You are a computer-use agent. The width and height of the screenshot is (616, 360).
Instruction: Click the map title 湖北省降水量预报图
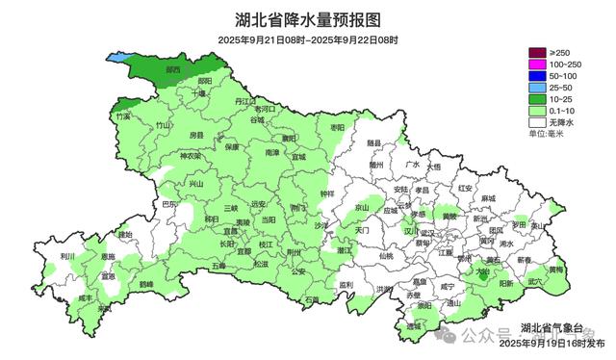[307, 19]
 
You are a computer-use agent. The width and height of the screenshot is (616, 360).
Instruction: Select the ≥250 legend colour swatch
[536, 51]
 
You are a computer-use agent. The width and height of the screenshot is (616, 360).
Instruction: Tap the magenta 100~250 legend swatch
[536, 64]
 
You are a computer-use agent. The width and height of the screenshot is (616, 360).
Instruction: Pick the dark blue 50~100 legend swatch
[536, 75]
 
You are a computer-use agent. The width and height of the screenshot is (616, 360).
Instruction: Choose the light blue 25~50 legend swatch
[536, 88]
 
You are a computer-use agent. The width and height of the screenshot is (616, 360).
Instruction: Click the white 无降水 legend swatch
[536, 123]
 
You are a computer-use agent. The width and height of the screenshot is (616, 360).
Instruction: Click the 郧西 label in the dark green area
[172, 70]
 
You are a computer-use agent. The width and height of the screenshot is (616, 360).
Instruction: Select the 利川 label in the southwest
[66, 257]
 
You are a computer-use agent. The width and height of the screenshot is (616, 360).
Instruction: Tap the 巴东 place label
[168, 205]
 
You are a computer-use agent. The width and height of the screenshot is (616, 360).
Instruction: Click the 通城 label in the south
[414, 327]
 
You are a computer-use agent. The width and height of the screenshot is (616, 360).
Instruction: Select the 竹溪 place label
[122, 116]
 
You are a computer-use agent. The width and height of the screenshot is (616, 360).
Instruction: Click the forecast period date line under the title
[307, 39]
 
